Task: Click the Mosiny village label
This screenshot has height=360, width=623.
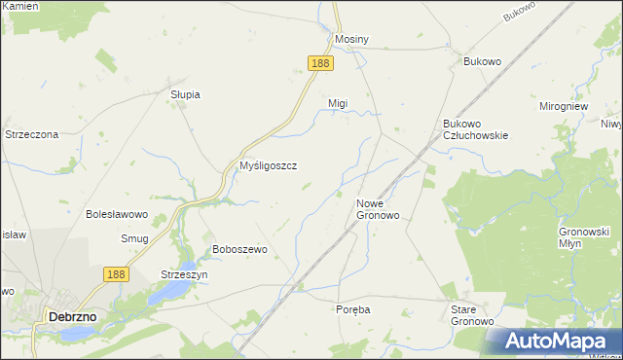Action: (351, 39)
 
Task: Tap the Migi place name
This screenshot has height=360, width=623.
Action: (338, 102)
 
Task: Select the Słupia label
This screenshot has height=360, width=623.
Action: (185, 94)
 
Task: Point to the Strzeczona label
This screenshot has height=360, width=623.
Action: (32, 134)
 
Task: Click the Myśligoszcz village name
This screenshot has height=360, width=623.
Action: (268, 165)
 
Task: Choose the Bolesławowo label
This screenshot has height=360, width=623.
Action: (116, 214)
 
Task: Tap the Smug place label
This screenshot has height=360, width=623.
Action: (135, 238)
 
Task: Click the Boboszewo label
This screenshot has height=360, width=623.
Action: (239, 249)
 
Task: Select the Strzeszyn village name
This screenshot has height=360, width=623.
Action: (185, 274)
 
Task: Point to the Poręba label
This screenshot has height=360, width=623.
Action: (352, 308)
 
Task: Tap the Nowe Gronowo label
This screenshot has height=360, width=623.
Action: (378, 209)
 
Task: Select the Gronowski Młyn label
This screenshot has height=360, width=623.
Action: (584, 237)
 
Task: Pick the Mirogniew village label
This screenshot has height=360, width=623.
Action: (566, 106)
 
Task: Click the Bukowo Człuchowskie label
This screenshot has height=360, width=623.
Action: (475, 130)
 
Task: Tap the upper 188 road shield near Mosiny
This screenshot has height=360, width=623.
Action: (320, 62)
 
